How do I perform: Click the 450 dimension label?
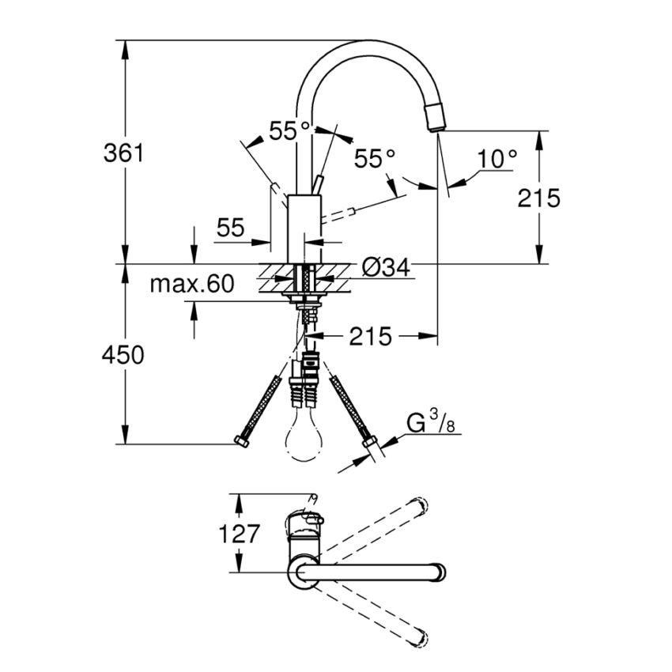pos(124,356)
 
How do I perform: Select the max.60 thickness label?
pos(192,285)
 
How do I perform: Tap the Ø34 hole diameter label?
pos(386,269)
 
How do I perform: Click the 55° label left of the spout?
pos(289,131)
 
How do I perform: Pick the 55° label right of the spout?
pos(374,159)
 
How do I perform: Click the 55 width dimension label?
pos(230,228)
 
